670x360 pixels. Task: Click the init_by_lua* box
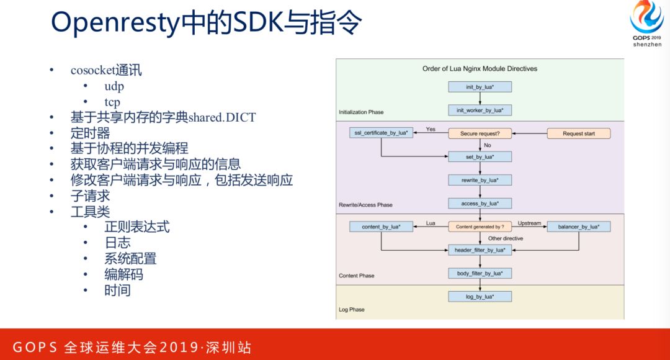point(480,87)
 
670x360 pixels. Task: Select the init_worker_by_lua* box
point(480,110)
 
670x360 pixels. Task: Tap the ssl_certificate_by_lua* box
point(381,133)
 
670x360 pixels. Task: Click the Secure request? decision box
point(480,133)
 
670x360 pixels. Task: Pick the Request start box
point(578,133)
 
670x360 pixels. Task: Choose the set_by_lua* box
point(480,156)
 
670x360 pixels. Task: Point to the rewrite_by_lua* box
point(480,180)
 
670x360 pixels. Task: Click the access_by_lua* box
point(480,203)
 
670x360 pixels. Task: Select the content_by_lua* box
point(381,227)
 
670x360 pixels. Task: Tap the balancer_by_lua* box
point(578,227)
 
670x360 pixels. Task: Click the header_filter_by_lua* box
point(480,250)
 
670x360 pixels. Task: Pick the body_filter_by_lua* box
point(480,273)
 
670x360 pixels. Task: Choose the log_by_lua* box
point(480,297)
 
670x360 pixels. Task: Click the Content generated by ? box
point(480,227)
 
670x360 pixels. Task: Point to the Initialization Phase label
point(361,112)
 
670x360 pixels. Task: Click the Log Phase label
point(352,309)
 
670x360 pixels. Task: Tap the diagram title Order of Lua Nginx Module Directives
point(480,68)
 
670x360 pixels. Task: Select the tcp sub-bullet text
point(112,102)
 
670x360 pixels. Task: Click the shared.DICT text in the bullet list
point(221,117)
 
